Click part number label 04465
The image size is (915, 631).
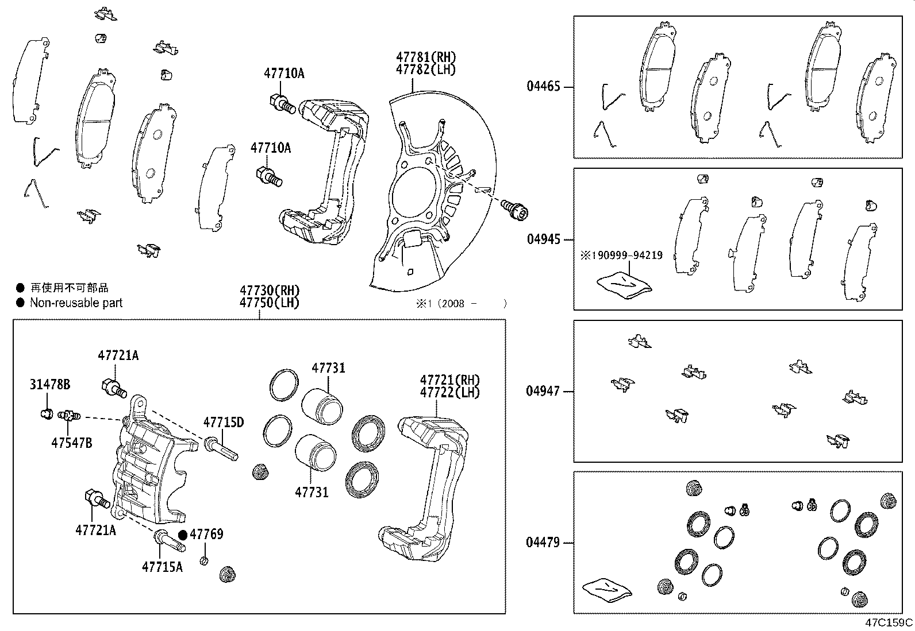543,87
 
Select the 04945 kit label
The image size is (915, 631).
543,239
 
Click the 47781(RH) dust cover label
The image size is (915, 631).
425,57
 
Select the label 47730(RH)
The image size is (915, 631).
270,291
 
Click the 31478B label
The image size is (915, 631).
50,385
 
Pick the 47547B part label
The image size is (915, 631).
72,443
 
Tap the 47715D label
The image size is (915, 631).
223,423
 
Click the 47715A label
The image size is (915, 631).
162,567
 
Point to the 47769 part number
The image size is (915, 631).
206,534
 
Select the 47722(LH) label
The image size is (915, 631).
449,393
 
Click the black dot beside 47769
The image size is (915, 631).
183,535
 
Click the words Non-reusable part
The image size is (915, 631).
76,303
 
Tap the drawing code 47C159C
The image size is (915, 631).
889,622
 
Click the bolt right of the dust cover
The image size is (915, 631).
514,208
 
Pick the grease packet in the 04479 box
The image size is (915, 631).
606,590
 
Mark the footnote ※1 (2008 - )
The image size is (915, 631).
460,304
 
